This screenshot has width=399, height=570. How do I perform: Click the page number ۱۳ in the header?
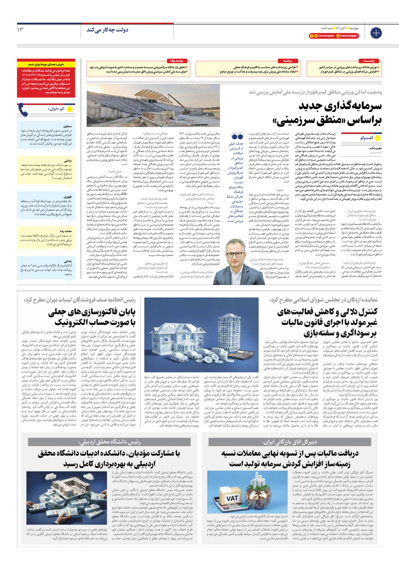[x=20, y=30]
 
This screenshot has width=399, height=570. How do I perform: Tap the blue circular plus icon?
[x=376, y=33]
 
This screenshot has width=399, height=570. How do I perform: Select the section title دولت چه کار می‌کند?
[x=108, y=30]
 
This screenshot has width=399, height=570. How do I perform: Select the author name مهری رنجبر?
[x=375, y=148]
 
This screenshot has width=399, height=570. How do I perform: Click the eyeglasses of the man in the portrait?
[x=234, y=255]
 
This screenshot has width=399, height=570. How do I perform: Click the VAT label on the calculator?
[x=232, y=498]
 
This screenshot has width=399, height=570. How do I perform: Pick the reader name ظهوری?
[x=68, y=197]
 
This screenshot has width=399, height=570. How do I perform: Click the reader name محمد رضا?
[x=66, y=231]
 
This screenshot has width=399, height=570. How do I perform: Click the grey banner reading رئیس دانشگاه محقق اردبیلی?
[x=109, y=442]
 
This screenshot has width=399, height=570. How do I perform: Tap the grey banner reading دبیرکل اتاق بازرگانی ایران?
[x=290, y=442]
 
